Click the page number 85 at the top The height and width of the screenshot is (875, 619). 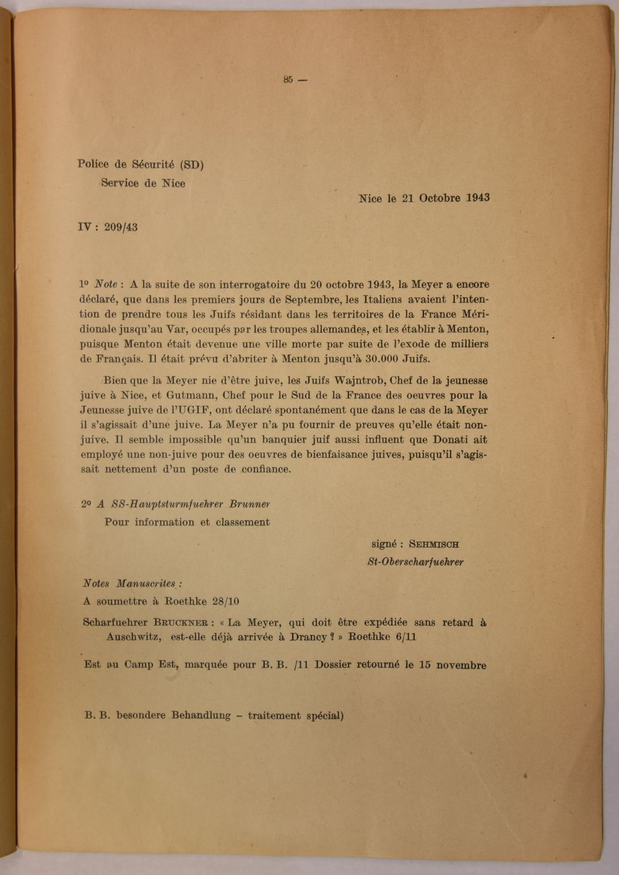point(288,79)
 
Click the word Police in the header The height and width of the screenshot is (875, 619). point(93,164)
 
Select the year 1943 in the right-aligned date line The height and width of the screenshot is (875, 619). point(478,198)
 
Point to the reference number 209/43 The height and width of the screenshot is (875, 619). point(121,227)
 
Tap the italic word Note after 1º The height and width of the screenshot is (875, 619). point(106,285)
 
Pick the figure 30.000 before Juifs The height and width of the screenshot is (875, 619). point(381,359)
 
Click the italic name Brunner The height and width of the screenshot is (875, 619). point(249,504)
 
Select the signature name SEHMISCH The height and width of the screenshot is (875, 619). point(434,545)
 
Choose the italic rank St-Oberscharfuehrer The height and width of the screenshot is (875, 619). point(415,562)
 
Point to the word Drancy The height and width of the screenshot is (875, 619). point(308,637)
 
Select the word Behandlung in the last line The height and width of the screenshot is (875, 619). point(201,716)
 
